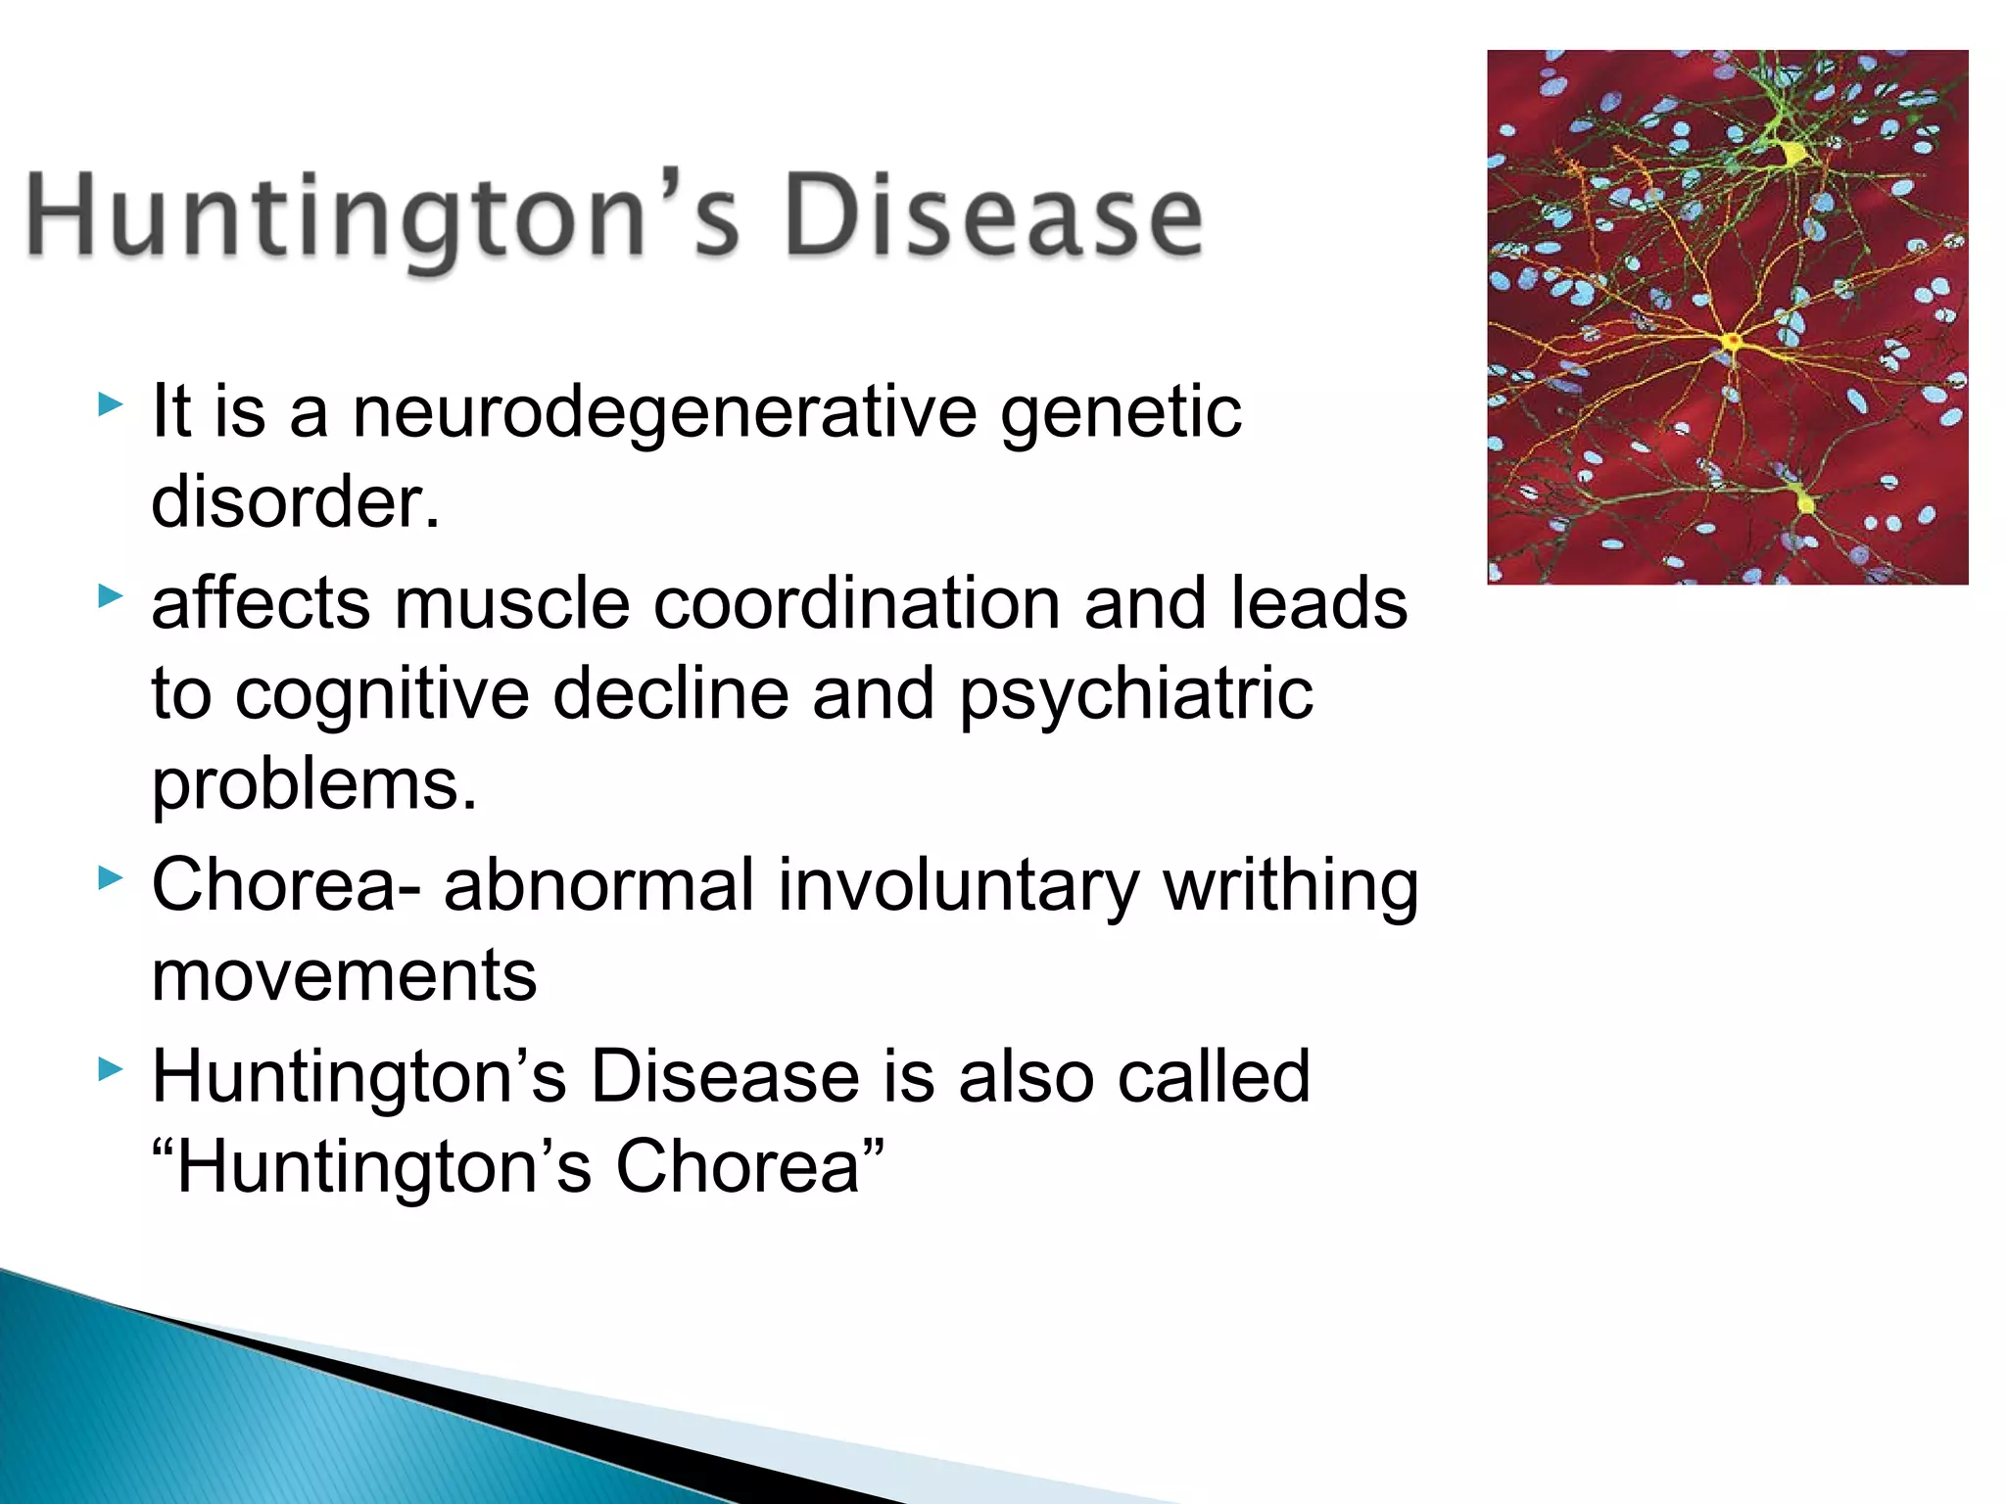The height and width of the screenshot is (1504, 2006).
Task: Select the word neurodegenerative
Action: tap(664, 411)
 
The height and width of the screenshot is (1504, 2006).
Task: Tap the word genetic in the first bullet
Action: tap(1121, 411)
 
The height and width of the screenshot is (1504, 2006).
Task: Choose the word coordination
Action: tap(856, 603)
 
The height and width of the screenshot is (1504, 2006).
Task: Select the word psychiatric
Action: tap(1135, 694)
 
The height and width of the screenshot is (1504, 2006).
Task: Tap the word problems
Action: tap(313, 784)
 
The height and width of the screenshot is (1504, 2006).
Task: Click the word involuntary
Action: tap(959, 885)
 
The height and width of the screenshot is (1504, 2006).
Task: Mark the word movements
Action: tap(344, 975)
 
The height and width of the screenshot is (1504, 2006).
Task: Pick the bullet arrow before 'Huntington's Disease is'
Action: tap(111, 1069)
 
